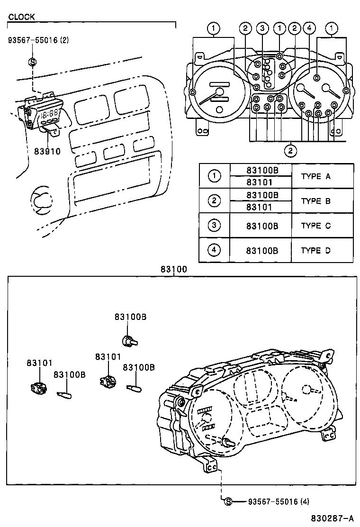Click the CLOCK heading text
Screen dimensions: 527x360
point(21,17)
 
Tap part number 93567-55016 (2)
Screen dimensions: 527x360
point(38,40)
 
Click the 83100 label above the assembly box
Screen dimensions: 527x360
point(174,269)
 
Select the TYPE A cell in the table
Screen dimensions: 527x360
point(315,176)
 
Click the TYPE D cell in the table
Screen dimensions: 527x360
point(315,251)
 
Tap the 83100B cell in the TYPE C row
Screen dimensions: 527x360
point(262,226)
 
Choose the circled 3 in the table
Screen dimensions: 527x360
point(215,226)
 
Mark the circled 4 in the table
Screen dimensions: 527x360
point(215,250)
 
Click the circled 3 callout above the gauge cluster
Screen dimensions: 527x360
point(262,28)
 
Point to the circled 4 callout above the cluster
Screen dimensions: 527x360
point(309,28)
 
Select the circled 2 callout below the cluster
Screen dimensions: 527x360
point(290,151)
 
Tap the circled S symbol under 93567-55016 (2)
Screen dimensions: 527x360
point(32,61)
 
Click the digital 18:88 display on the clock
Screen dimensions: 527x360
point(50,114)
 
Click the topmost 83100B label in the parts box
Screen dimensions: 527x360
point(130,317)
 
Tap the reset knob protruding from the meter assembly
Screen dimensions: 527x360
point(229,442)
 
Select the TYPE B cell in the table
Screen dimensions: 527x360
point(315,201)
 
